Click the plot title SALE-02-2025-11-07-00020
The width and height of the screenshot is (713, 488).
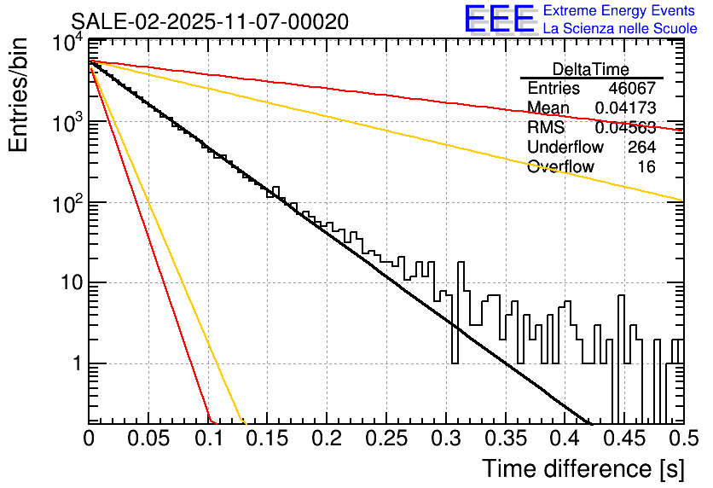[x=209, y=22]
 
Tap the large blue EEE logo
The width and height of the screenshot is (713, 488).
[x=499, y=20]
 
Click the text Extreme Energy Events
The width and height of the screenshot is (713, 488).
[x=620, y=11]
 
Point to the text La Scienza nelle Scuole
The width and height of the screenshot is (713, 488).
[x=620, y=29]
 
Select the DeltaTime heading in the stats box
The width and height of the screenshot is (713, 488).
[x=591, y=69]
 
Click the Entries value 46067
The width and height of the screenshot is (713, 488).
[x=632, y=89]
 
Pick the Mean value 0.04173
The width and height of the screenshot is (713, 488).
[x=625, y=108]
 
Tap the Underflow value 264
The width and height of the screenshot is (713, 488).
[x=641, y=148]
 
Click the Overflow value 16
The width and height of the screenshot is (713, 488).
[x=647, y=167]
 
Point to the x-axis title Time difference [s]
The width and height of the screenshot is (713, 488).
[x=583, y=468]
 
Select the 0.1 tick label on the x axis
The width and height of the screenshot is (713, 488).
[x=208, y=439]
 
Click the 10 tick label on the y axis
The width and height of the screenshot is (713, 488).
[x=69, y=282]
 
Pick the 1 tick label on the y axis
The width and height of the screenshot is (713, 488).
[x=75, y=363]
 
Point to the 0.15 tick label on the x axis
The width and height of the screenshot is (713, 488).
[x=267, y=439]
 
